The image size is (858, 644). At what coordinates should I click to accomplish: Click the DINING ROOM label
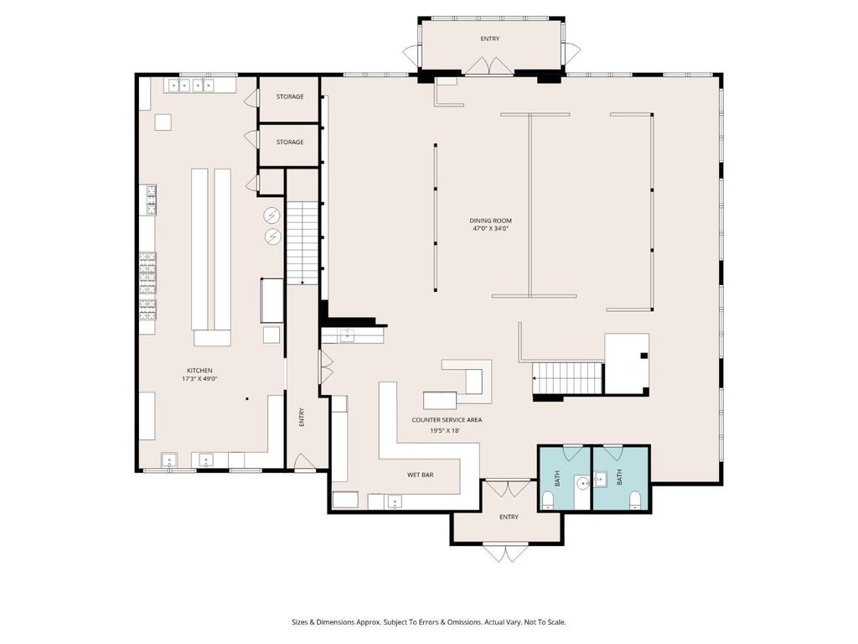490,221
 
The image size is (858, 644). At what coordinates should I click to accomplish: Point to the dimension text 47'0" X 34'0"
491,228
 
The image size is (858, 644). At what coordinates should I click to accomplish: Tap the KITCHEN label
199,371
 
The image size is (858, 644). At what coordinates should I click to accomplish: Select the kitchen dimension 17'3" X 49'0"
200,378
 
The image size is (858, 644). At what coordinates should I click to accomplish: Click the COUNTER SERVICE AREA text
447,420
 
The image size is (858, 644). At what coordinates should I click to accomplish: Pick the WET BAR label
421,475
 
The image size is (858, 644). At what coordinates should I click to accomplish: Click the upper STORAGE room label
289,97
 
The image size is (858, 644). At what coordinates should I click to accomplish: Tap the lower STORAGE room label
289,143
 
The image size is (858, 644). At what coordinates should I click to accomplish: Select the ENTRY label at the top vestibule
489,39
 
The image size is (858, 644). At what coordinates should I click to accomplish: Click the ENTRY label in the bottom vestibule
509,517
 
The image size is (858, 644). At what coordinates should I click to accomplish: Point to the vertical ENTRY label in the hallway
302,418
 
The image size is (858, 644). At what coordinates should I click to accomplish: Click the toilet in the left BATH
548,501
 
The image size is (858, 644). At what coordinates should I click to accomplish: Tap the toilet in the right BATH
635,501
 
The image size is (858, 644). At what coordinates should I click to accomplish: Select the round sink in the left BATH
582,482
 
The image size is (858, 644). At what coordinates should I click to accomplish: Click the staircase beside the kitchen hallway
302,242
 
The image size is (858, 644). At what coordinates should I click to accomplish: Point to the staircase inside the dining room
568,378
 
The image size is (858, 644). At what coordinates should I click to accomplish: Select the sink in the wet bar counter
394,501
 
